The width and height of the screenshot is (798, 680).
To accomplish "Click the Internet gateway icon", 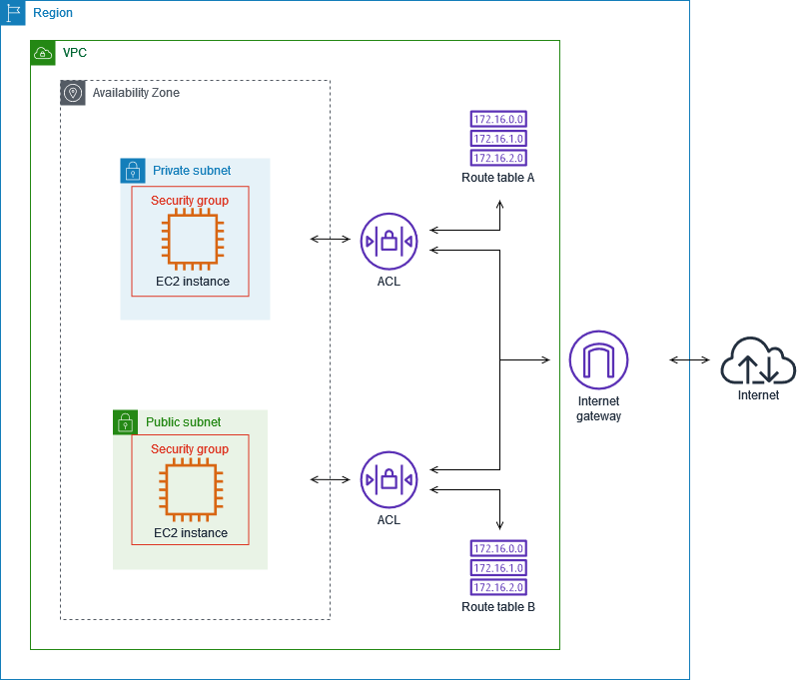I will [598, 360].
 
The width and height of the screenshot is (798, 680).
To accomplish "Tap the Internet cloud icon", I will [758, 360].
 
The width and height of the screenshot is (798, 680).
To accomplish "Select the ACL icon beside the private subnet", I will [389, 242].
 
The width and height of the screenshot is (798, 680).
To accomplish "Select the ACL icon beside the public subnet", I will [389, 481].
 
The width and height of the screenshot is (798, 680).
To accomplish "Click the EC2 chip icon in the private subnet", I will [190, 242].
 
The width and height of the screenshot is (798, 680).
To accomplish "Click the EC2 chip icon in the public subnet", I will [190, 490].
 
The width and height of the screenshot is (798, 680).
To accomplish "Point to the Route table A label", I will [498, 178].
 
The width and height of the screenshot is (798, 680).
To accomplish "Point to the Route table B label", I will [498, 607].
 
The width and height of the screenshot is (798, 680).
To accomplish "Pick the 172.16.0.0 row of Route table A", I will [498, 119].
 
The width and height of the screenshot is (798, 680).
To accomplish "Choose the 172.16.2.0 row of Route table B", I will [498, 587].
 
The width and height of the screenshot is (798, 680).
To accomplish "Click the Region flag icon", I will [14, 14].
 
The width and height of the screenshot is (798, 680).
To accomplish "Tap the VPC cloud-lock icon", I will [44, 53].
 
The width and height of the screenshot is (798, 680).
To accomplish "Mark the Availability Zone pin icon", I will [73, 93].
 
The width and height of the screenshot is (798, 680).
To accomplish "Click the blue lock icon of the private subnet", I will [133, 171].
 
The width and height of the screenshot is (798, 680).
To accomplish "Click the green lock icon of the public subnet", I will [126, 422].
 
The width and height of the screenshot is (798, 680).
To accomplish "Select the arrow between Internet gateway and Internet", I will [689, 360].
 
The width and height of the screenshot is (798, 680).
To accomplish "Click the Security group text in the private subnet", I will [190, 201].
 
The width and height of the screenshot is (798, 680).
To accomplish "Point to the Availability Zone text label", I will [136, 93].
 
